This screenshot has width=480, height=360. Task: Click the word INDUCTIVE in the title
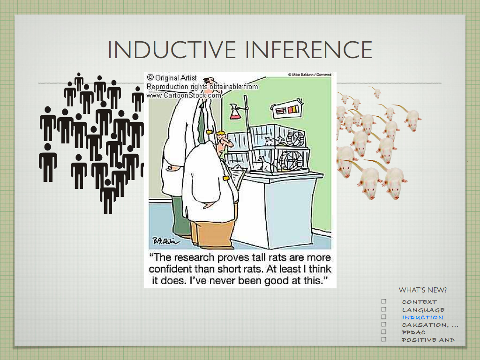point(172,49)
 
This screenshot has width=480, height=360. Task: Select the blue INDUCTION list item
point(422,317)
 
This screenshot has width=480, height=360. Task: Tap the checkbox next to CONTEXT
point(383,301)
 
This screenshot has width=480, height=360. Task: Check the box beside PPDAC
point(383,332)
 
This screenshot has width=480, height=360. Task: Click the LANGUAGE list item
point(423,310)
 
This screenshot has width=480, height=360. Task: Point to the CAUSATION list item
point(430,325)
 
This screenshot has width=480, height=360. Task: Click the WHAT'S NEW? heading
point(422,290)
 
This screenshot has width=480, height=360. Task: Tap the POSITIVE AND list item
point(428,340)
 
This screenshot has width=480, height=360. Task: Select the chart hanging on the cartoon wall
point(287,109)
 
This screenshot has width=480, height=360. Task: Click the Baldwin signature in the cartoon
point(165,241)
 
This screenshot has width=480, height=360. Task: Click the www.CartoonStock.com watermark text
point(184,95)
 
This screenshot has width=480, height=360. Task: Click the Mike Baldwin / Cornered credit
point(309,75)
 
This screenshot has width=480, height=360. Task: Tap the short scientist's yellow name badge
point(226,178)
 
